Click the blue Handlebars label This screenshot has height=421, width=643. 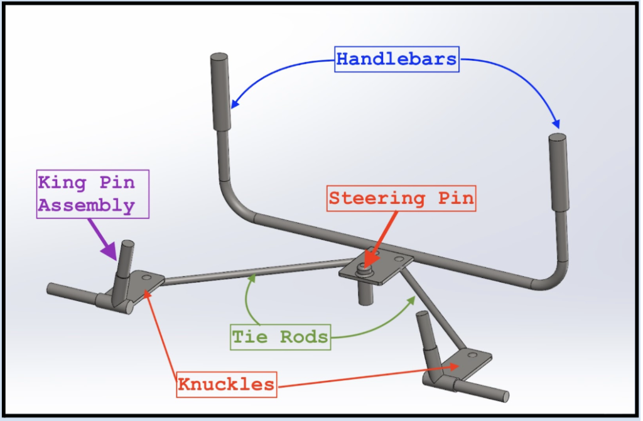pyautogui.click(x=397, y=60)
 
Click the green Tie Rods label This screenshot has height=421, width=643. pyautogui.click(x=280, y=337)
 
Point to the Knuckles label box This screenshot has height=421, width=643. pyautogui.click(x=226, y=384)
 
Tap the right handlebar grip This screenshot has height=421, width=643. pyautogui.click(x=558, y=172)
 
